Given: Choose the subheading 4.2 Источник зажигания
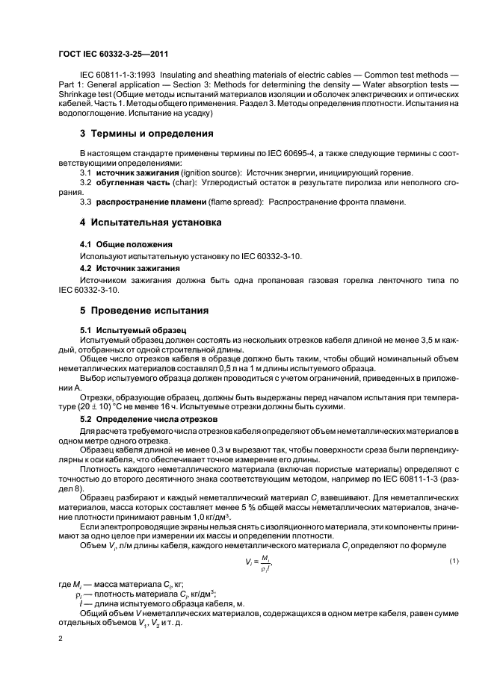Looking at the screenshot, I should [129, 267].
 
